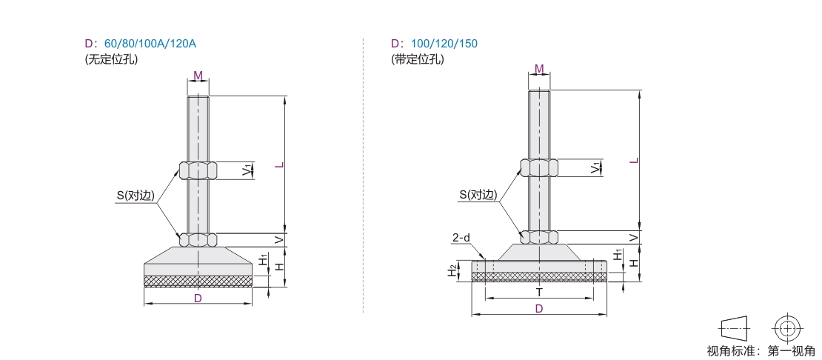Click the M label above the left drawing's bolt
[198, 76]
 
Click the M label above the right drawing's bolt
[539, 69]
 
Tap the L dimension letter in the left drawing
[281, 164]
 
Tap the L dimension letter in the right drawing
[635, 160]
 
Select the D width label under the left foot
[198, 299]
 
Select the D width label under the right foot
[539, 309]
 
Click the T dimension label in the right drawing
[539, 293]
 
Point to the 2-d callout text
[461, 238]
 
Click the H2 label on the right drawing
[452, 271]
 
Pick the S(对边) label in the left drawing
[136, 196]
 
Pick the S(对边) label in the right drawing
[478, 195]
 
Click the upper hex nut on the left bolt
[198, 170]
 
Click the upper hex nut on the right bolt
[539, 167]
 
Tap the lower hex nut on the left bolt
[198, 239]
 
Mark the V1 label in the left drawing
[247, 170]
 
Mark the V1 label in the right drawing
[595, 167]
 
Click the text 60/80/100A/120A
[150, 44]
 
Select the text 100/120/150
[444, 44]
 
